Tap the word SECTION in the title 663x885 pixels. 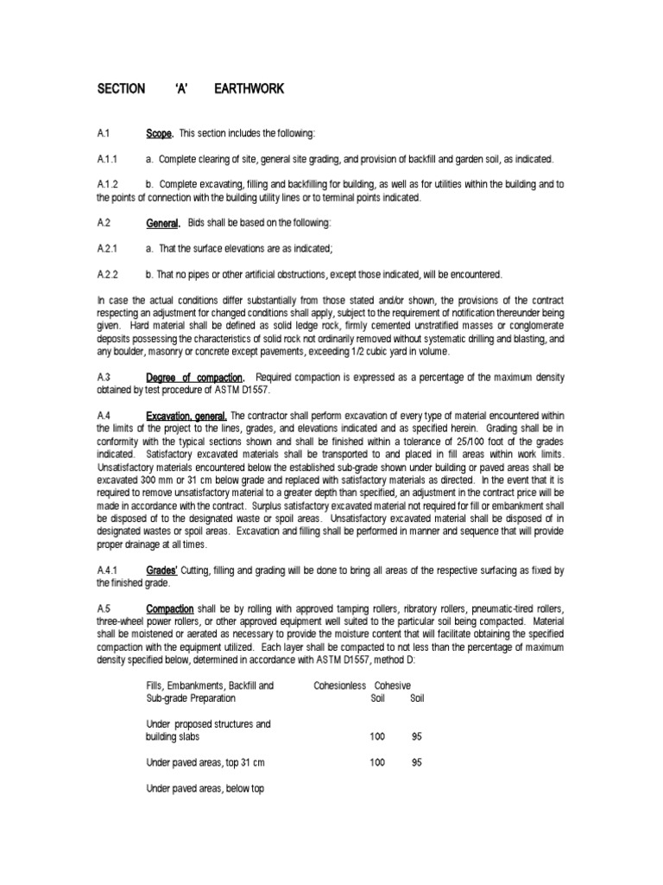coord(123,90)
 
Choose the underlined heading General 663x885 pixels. coord(163,223)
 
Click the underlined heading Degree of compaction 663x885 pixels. coord(196,378)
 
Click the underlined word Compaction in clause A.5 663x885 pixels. coord(170,608)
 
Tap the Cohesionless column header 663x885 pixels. coord(340,685)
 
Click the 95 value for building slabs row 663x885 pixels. coord(417,736)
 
